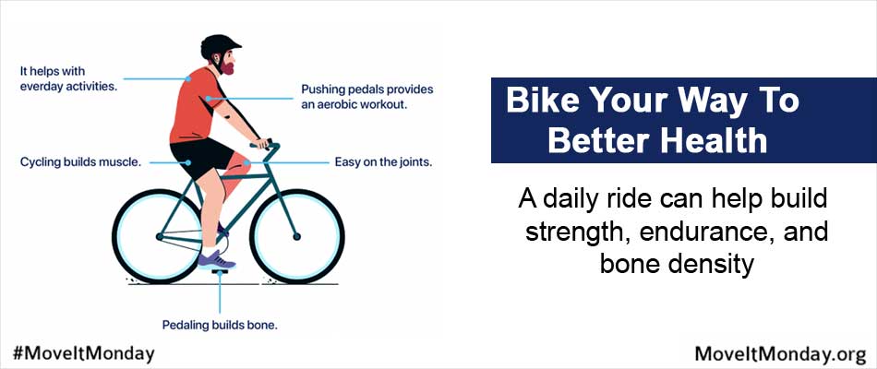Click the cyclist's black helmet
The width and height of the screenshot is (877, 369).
220,45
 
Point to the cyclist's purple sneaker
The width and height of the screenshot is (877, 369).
216,260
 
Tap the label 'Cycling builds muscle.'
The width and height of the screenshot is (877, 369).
80,162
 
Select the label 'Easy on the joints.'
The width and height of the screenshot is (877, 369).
384,162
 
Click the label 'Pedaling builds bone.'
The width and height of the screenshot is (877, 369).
220,325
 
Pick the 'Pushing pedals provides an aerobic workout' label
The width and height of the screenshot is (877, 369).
367,97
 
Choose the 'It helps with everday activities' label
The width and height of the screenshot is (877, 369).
69,79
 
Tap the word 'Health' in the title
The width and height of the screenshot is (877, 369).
712,140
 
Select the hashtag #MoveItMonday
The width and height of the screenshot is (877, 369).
83,352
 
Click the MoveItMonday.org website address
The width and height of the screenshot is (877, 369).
780,354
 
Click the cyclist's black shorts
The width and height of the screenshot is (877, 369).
200,157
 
